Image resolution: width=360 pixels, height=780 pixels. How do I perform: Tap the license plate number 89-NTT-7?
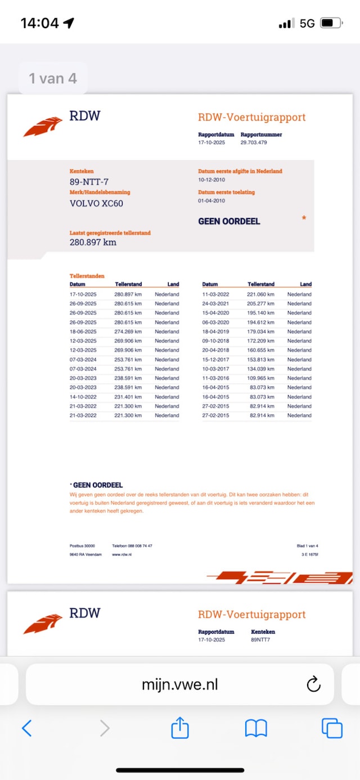pos(89,181)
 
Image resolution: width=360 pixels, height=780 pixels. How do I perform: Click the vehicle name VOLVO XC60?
pos(96,203)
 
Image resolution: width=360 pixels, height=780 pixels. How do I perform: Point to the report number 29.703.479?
pos(254,143)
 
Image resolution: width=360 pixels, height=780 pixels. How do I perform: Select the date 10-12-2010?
pos(211,181)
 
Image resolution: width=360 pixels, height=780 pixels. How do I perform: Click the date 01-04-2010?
pos(211,201)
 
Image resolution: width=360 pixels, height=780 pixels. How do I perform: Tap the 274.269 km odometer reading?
pos(128,331)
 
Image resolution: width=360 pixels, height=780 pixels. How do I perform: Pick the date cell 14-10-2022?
pos(83,397)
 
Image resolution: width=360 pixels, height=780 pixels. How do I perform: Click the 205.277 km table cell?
pos(260,303)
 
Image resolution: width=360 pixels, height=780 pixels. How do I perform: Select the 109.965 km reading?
pos(260,378)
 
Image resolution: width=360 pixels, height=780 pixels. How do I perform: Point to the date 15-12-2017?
pos(216,360)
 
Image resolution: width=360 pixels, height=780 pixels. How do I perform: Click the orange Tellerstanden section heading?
pos(87,276)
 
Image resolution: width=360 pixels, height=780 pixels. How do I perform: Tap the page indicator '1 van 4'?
pos(53,78)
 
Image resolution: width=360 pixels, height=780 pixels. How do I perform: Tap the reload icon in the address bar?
pos(313,684)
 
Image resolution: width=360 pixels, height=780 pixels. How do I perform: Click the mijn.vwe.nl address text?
pos(179,684)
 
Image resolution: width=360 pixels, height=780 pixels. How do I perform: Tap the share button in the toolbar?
pos(180,728)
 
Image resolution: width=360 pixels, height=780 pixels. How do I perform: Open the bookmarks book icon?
pos(256,728)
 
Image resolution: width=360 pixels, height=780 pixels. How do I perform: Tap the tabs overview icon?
pos(332,728)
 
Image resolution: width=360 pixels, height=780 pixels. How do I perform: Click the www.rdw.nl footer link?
pos(121,555)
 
